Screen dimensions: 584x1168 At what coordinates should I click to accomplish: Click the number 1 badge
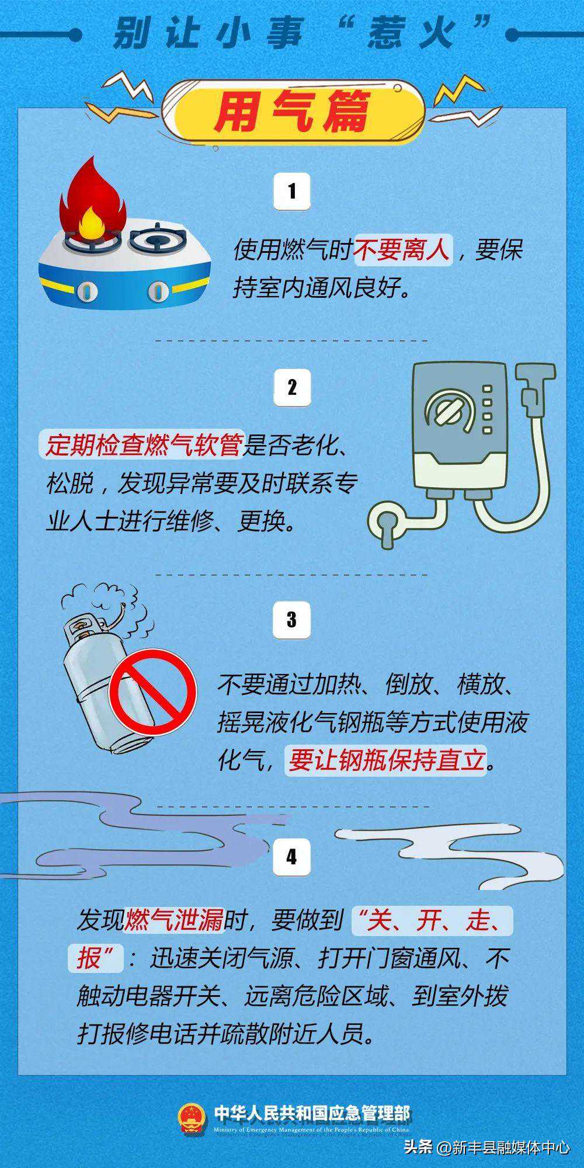(292, 191)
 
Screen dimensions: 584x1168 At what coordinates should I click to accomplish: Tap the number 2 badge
(292, 387)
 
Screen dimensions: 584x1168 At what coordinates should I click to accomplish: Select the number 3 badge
(292, 619)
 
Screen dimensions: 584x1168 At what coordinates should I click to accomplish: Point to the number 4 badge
(292, 857)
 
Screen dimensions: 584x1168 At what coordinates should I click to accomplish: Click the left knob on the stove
(86, 290)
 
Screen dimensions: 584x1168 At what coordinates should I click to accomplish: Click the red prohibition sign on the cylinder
(153, 692)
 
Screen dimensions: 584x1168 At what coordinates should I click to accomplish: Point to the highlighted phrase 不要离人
(403, 251)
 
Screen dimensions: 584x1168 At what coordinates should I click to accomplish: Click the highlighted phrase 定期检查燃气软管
(144, 446)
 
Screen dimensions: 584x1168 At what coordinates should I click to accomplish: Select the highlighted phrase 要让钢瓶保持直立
(387, 760)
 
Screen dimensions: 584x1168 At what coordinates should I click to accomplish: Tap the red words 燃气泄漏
(175, 920)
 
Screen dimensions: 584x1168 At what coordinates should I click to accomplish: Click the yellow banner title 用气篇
(292, 112)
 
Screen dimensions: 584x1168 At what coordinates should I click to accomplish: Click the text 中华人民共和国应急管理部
(312, 1113)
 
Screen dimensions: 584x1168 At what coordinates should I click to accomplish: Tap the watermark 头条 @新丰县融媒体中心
(487, 1147)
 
